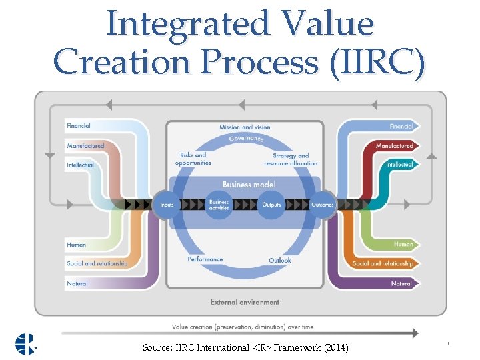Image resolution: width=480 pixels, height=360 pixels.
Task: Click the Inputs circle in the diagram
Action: tap(167, 205)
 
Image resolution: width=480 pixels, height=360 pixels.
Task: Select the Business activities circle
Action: tap(219, 205)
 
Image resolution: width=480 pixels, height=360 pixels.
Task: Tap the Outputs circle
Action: tap(271, 205)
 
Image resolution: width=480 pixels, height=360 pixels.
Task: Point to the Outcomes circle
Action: tap(323, 205)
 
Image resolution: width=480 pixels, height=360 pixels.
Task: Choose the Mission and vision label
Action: tap(245, 127)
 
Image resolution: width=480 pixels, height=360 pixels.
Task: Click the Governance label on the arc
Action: tap(246, 139)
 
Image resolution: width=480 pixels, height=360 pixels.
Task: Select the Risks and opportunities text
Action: tap(193, 159)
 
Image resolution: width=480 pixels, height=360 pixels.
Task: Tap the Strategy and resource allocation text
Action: tap(291, 159)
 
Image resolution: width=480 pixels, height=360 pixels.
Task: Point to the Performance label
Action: tap(205, 259)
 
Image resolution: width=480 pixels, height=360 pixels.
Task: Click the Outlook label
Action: tap(280, 260)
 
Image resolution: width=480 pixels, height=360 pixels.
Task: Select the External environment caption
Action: tap(245, 302)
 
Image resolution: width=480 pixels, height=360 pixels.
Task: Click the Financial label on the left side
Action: tap(79, 125)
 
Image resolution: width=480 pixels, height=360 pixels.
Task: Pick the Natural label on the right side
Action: tap(401, 283)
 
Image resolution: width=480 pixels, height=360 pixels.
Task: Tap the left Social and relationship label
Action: tap(97, 263)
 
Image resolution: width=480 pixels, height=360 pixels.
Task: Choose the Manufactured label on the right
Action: tap(394, 145)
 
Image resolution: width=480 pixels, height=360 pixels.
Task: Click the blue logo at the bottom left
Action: tap(27, 343)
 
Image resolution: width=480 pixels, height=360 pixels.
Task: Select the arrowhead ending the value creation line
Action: tap(415, 333)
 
